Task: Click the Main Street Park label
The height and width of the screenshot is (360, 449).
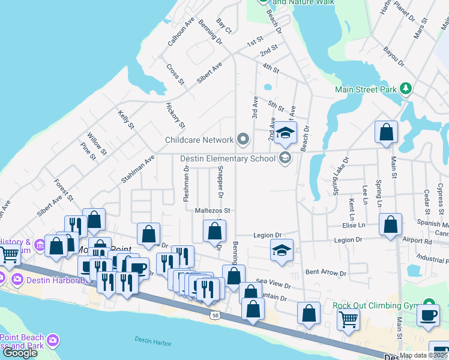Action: [x=366, y=90]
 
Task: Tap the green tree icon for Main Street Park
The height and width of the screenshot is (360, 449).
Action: [x=406, y=89]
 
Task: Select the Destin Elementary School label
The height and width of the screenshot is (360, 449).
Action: [x=228, y=159]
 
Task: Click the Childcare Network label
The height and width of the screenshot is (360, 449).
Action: [x=199, y=140]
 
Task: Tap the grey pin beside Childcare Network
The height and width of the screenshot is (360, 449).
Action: [x=243, y=140]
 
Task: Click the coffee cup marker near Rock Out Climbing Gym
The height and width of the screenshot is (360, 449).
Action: [x=428, y=315]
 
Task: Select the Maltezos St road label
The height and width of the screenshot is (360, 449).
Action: [x=212, y=211]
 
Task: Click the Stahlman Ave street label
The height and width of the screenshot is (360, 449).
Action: [x=137, y=167]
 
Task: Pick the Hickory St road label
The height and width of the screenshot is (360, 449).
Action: [x=176, y=115]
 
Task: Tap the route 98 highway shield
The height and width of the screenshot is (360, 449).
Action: [x=214, y=315]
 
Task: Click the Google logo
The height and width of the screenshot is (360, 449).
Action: [x=20, y=353]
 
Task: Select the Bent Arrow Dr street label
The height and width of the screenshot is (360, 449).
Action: [x=326, y=273]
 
